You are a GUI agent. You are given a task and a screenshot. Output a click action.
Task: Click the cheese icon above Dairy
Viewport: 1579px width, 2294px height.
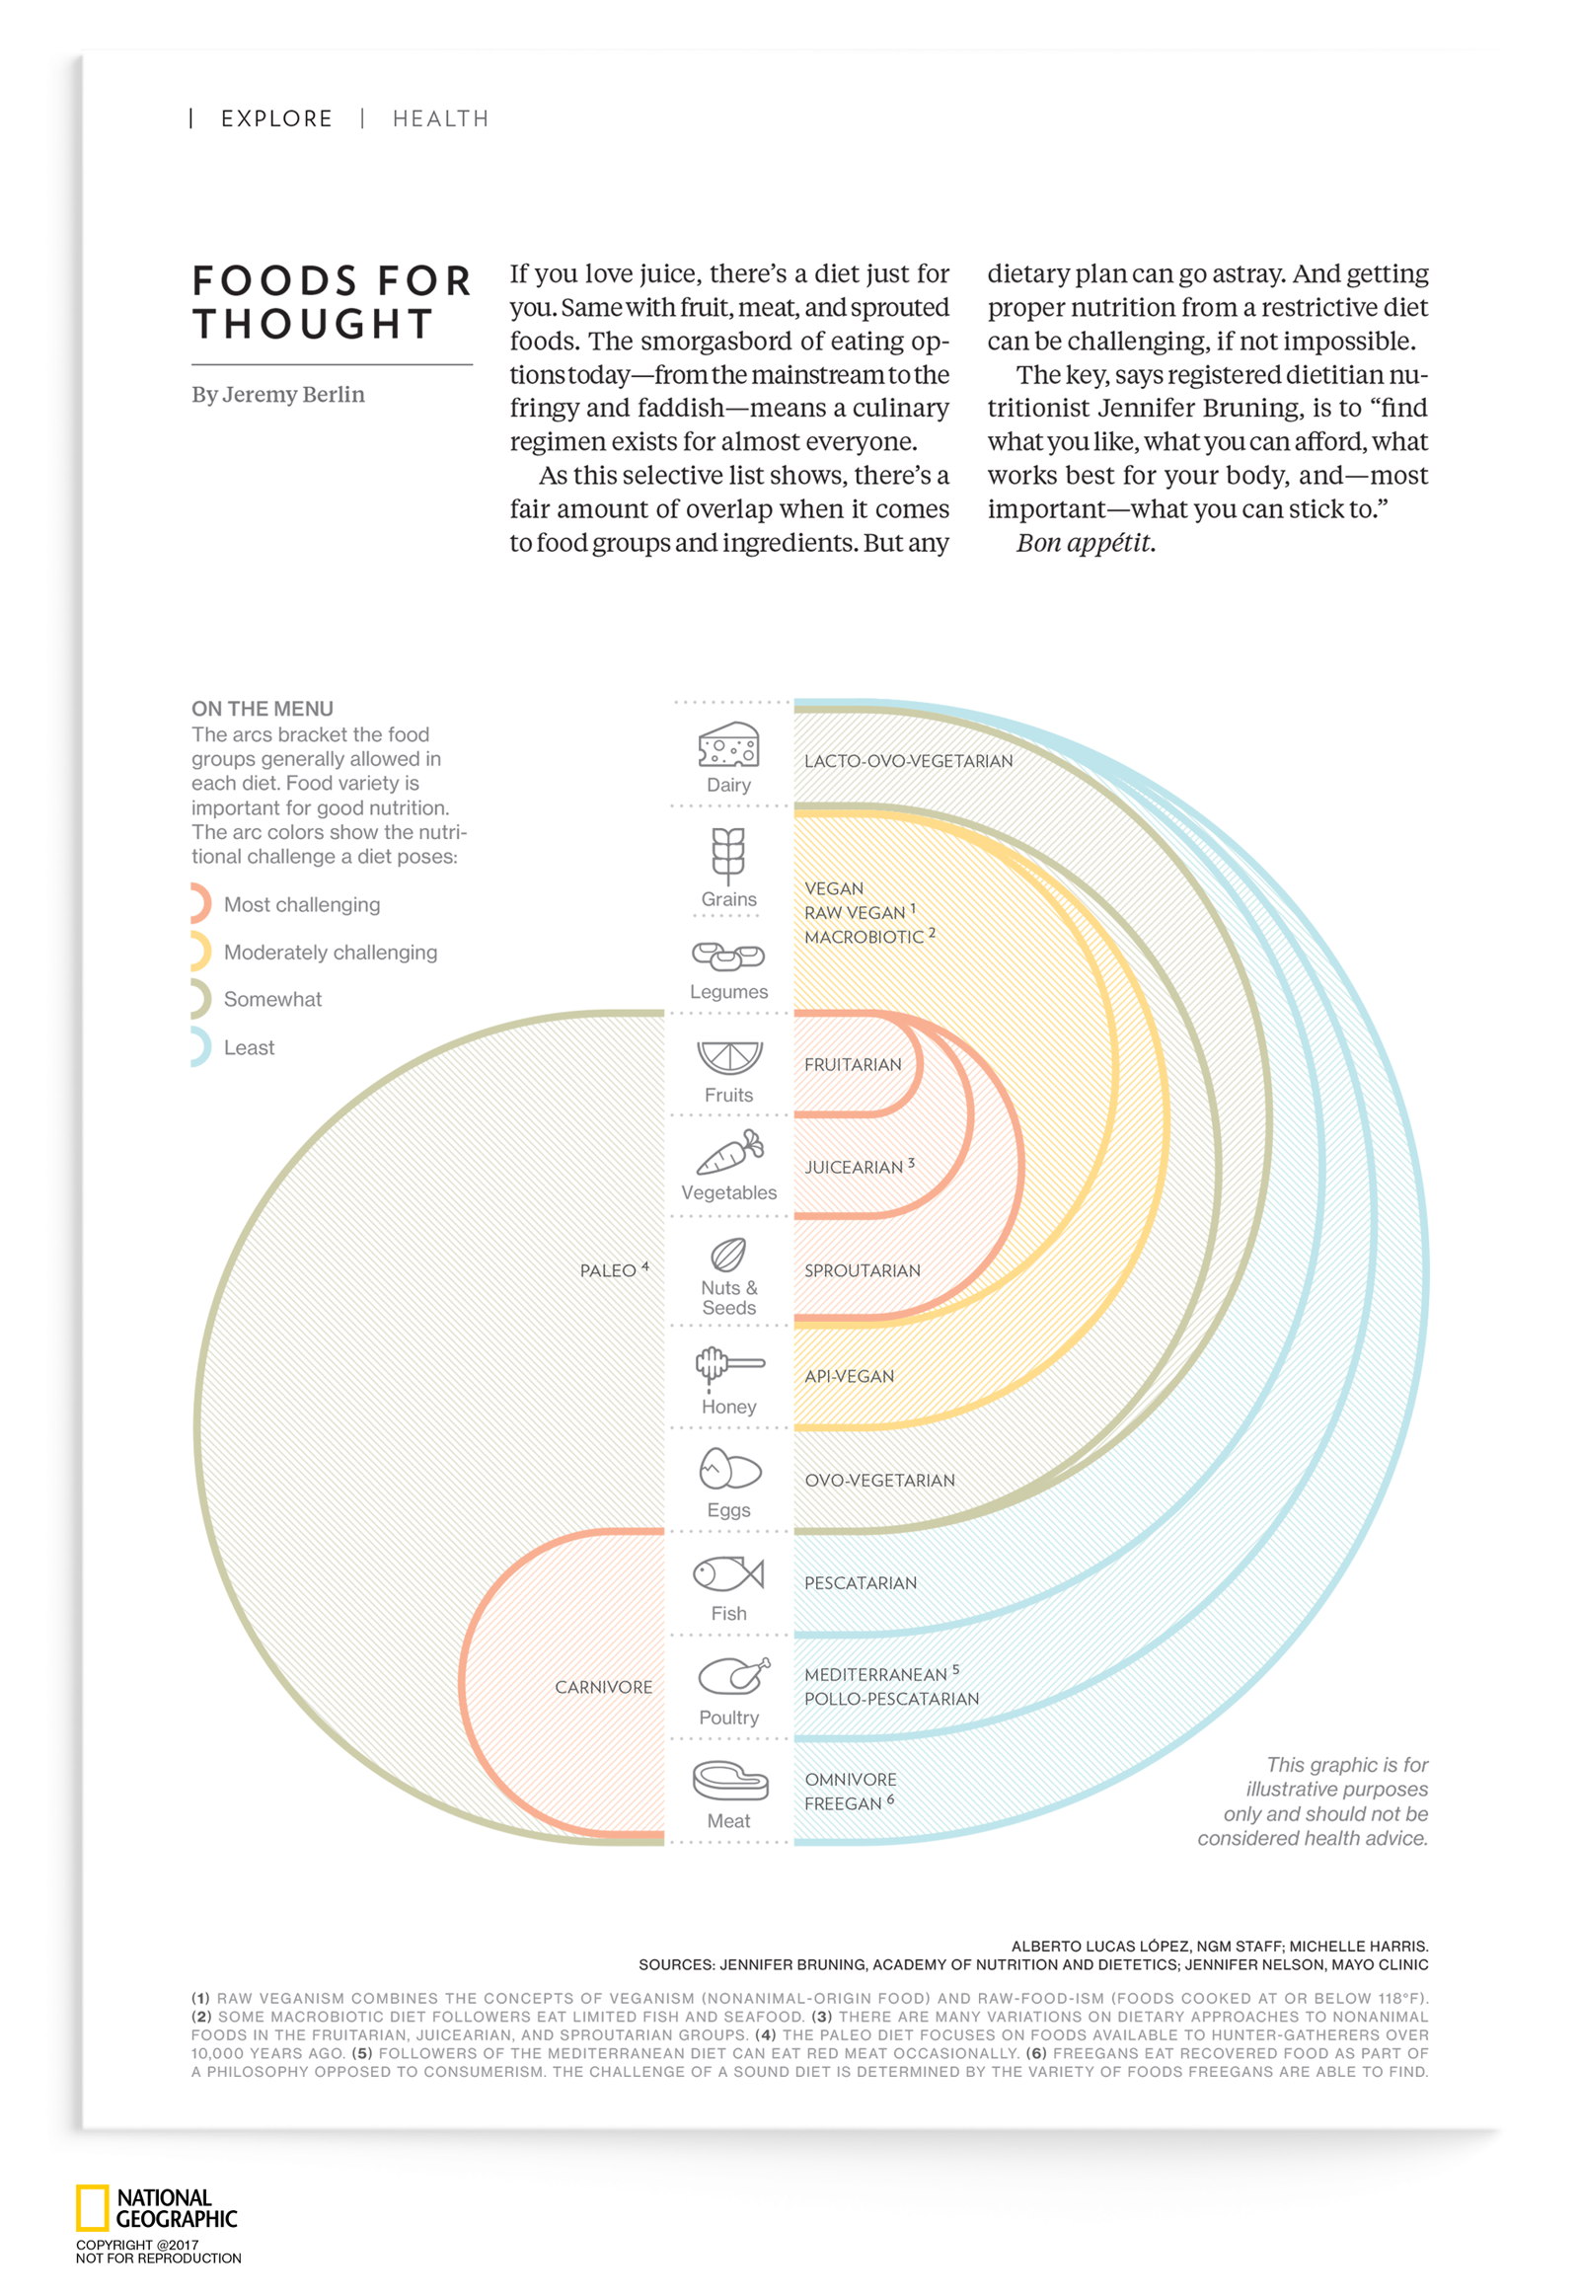point(728,744)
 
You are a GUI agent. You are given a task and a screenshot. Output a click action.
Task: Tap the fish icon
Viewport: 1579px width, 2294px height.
point(728,1572)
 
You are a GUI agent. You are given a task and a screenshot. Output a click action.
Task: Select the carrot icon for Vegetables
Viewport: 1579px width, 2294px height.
point(730,1152)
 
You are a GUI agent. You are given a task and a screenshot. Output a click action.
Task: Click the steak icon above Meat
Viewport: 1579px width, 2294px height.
point(730,1781)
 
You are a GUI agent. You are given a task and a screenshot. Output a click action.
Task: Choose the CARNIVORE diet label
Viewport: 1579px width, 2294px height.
point(603,1686)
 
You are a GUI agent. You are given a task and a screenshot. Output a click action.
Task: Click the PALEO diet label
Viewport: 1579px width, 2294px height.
point(608,1269)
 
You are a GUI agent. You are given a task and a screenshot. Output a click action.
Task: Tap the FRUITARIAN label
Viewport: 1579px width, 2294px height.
point(852,1064)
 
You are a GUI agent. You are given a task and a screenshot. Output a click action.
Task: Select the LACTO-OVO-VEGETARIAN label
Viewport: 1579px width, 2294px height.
point(907,760)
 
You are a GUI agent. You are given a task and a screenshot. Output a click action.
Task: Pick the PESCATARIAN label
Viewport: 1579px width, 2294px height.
point(860,1582)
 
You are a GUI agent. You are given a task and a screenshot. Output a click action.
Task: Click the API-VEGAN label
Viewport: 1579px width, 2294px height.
point(848,1376)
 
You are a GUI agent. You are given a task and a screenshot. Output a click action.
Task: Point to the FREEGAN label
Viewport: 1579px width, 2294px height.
point(843,1803)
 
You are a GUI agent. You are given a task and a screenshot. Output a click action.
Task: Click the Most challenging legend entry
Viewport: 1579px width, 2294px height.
point(301,903)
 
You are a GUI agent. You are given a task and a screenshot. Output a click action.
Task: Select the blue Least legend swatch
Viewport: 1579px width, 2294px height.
point(200,1046)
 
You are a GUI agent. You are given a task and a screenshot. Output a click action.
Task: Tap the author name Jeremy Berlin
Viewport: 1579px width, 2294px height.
point(293,394)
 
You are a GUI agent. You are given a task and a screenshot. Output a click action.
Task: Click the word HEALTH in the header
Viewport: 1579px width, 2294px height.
point(440,118)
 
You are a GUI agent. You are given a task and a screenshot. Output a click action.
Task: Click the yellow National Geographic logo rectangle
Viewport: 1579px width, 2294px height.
point(92,2209)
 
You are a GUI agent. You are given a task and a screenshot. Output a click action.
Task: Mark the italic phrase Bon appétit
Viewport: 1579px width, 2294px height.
point(1085,542)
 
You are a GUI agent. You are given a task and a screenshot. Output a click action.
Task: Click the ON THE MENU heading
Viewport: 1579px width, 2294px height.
point(263,709)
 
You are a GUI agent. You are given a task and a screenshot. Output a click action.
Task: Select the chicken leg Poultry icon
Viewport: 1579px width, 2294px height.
point(732,1675)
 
